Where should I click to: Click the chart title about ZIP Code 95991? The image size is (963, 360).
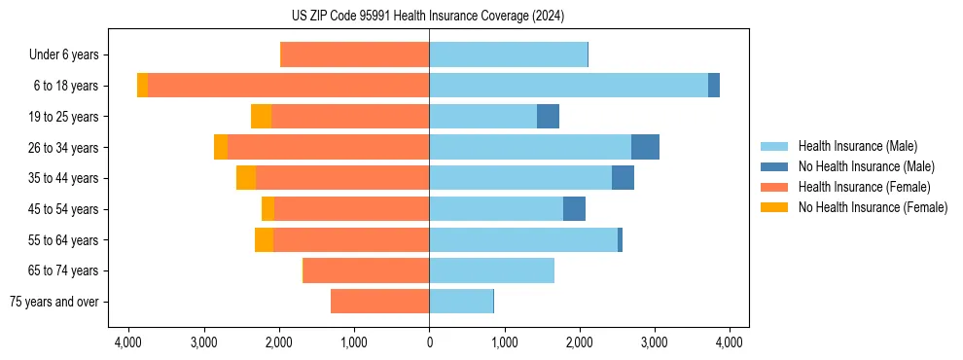pyautogui.click(x=429, y=17)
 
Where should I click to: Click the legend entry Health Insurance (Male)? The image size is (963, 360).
pyautogui.click(x=857, y=146)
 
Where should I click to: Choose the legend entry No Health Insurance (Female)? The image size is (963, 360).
pyautogui.click(x=873, y=207)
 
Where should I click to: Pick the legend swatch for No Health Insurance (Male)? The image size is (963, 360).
pyautogui.click(x=775, y=166)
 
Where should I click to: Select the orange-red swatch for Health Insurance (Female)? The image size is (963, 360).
pyautogui.click(x=775, y=187)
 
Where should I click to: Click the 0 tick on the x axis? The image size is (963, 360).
pyautogui.click(x=429, y=342)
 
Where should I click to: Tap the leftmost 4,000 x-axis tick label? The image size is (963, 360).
pyautogui.click(x=128, y=342)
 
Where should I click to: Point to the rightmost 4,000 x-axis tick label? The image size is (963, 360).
pyautogui.click(x=730, y=342)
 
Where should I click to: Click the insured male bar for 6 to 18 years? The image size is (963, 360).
pyautogui.click(x=568, y=86)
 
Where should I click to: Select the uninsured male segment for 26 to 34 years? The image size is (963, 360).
pyautogui.click(x=645, y=147)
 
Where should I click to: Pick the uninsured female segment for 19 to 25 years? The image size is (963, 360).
pyautogui.click(x=261, y=117)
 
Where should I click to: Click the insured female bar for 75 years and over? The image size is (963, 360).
pyautogui.click(x=379, y=302)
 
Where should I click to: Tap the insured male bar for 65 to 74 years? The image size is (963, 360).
pyautogui.click(x=491, y=270)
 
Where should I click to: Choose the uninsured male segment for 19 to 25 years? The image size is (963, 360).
pyautogui.click(x=548, y=117)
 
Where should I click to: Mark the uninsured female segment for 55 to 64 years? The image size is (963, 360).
pyautogui.click(x=264, y=239)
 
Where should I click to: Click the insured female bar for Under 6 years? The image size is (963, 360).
pyautogui.click(x=354, y=55)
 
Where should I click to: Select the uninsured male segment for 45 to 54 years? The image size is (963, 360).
pyautogui.click(x=574, y=209)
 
